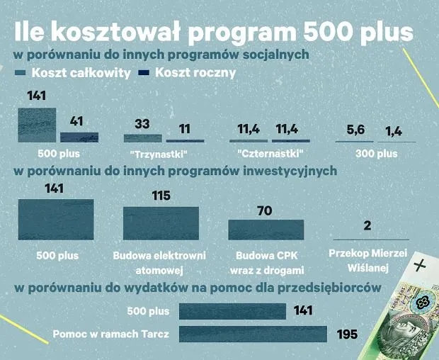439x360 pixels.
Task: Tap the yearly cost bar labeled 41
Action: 79,137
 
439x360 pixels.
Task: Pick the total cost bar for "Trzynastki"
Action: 142,138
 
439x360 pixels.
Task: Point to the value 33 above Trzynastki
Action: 142,124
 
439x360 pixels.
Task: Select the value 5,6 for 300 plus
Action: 354,130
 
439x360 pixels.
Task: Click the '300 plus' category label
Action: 376,153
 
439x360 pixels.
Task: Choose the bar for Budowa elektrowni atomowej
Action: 161,223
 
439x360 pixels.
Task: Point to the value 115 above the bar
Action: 161,196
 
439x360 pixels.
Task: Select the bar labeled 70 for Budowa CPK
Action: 266,230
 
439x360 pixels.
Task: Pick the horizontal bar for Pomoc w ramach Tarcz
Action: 253,334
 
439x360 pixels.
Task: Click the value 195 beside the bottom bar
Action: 347,334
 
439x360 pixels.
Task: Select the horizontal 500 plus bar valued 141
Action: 232,311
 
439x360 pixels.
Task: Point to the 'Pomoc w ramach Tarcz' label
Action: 110,334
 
